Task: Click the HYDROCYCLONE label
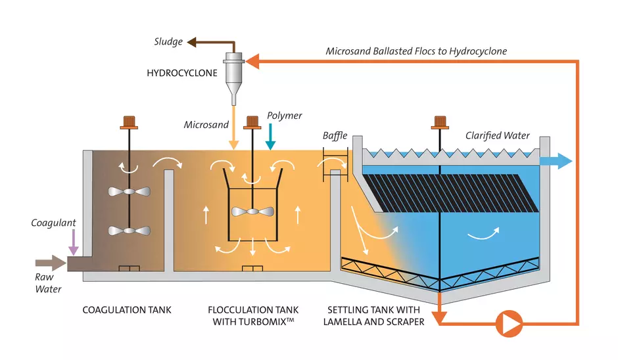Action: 181,74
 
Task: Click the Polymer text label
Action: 284,116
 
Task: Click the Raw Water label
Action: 48,283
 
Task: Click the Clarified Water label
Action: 497,136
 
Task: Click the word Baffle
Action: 335,136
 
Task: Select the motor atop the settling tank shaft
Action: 439,122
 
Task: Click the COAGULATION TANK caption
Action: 127,309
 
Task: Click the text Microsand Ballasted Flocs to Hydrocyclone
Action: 416,51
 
